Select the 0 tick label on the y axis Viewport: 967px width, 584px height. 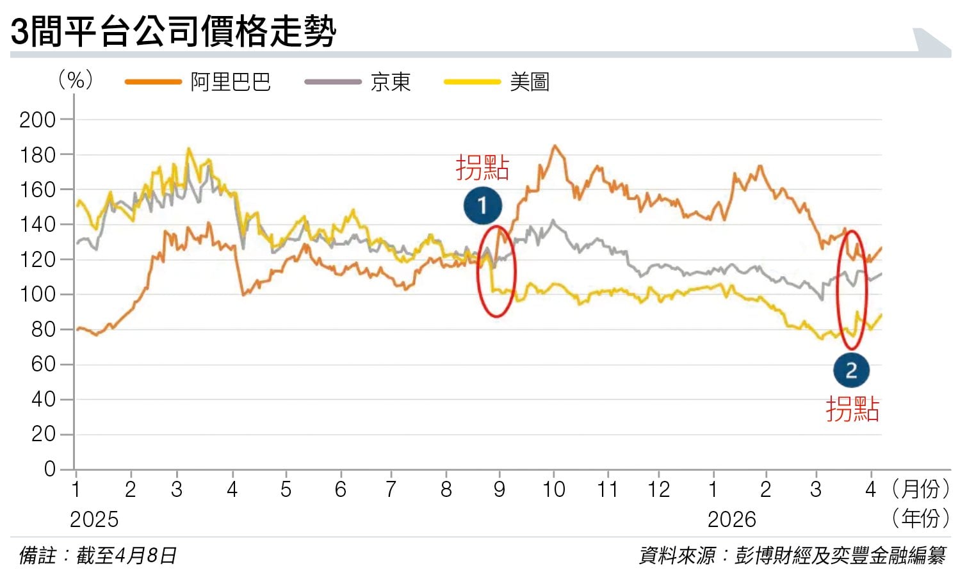coord(50,469)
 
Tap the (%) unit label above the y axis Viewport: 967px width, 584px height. coord(76,80)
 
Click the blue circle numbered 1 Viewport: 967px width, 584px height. coord(482,206)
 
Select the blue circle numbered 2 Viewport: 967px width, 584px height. coord(851,371)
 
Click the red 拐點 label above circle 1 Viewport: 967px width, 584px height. coord(482,168)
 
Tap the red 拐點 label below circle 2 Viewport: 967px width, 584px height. coord(852,409)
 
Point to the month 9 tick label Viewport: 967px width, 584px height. coord(500,490)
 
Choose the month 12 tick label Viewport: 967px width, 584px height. coord(658,490)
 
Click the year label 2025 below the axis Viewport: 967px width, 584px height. coord(94,519)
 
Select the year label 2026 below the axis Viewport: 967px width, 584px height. coord(731,519)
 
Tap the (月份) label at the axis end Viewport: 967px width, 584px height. coord(920,490)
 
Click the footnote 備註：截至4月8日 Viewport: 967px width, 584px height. coord(98,555)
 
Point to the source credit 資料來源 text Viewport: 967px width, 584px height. coord(792,555)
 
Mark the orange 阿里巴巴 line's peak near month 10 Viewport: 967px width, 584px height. coord(555,147)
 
